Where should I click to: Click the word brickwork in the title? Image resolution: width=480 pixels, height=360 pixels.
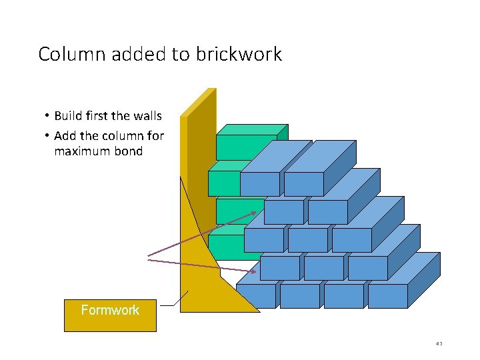point(239,54)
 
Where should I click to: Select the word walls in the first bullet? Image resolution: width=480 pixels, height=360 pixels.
point(147,116)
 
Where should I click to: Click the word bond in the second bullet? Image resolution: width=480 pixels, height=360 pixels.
point(129,151)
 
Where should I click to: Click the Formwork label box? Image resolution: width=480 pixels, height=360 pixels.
point(110,315)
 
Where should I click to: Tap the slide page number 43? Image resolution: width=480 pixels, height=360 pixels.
point(439,344)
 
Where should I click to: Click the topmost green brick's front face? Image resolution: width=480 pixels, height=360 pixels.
point(245,147)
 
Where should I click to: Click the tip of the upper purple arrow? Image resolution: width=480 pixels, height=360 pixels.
point(257,212)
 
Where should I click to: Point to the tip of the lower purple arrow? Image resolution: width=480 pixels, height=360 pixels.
point(257,271)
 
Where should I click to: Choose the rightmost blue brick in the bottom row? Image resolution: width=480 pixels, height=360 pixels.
point(387,296)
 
